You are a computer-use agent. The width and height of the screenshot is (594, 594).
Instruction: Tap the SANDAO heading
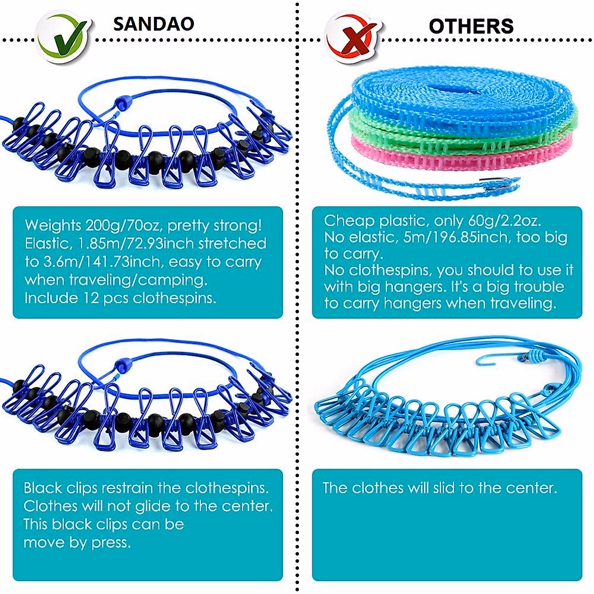click(153, 24)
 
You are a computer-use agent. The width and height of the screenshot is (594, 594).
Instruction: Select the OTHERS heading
click(471, 26)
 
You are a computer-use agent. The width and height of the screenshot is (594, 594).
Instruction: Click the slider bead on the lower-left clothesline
click(121, 366)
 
